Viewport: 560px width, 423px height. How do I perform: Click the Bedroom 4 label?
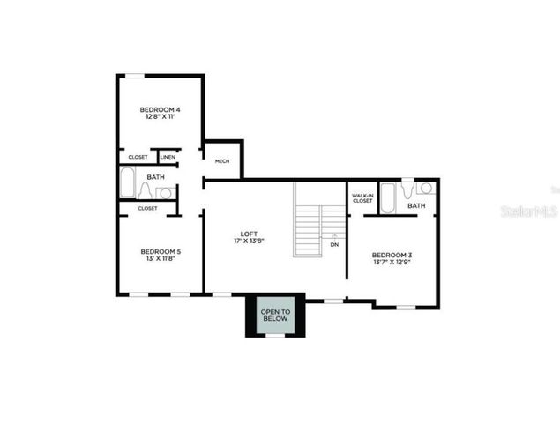(x=160, y=109)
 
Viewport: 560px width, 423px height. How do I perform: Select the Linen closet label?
(x=168, y=157)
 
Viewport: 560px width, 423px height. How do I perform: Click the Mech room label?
(x=222, y=161)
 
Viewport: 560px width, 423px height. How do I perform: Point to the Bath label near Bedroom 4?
(x=155, y=177)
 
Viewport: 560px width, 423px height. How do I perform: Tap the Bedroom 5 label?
(x=161, y=252)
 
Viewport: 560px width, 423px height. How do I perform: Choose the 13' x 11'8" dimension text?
(x=161, y=260)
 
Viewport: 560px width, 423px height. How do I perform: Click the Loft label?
(x=249, y=233)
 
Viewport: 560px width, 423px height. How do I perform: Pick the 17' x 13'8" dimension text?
(x=249, y=241)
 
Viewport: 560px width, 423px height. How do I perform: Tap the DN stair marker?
(x=334, y=244)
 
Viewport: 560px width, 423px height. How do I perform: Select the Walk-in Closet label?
(x=362, y=198)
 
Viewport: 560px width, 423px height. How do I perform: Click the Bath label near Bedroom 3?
(x=416, y=206)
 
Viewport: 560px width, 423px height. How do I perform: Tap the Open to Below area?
(x=274, y=316)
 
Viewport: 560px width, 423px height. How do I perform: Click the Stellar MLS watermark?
(x=529, y=211)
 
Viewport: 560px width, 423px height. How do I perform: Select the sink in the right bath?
(x=425, y=188)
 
